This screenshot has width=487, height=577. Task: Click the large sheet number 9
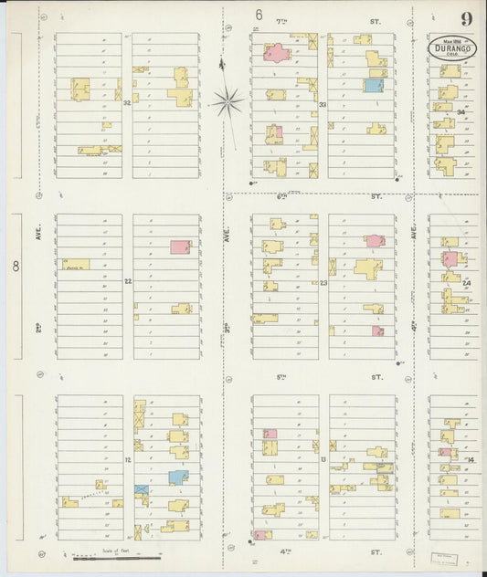(x=467, y=18)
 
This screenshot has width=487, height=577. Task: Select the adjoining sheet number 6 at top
(x=259, y=16)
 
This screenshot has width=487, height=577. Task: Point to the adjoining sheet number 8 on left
(x=16, y=267)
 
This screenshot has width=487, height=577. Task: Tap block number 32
(x=128, y=103)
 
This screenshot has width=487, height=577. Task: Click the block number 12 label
(x=128, y=460)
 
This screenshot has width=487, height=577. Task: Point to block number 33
(x=323, y=105)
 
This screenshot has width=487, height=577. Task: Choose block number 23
(x=323, y=283)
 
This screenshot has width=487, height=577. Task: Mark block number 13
(x=323, y=460)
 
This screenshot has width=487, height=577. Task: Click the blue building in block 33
(x=373, y=86)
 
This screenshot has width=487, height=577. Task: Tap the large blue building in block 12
(x=177, y=477)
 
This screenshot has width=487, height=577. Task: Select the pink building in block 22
(x=180, y=247)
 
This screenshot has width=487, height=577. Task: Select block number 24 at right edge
(x=466, y=283)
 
